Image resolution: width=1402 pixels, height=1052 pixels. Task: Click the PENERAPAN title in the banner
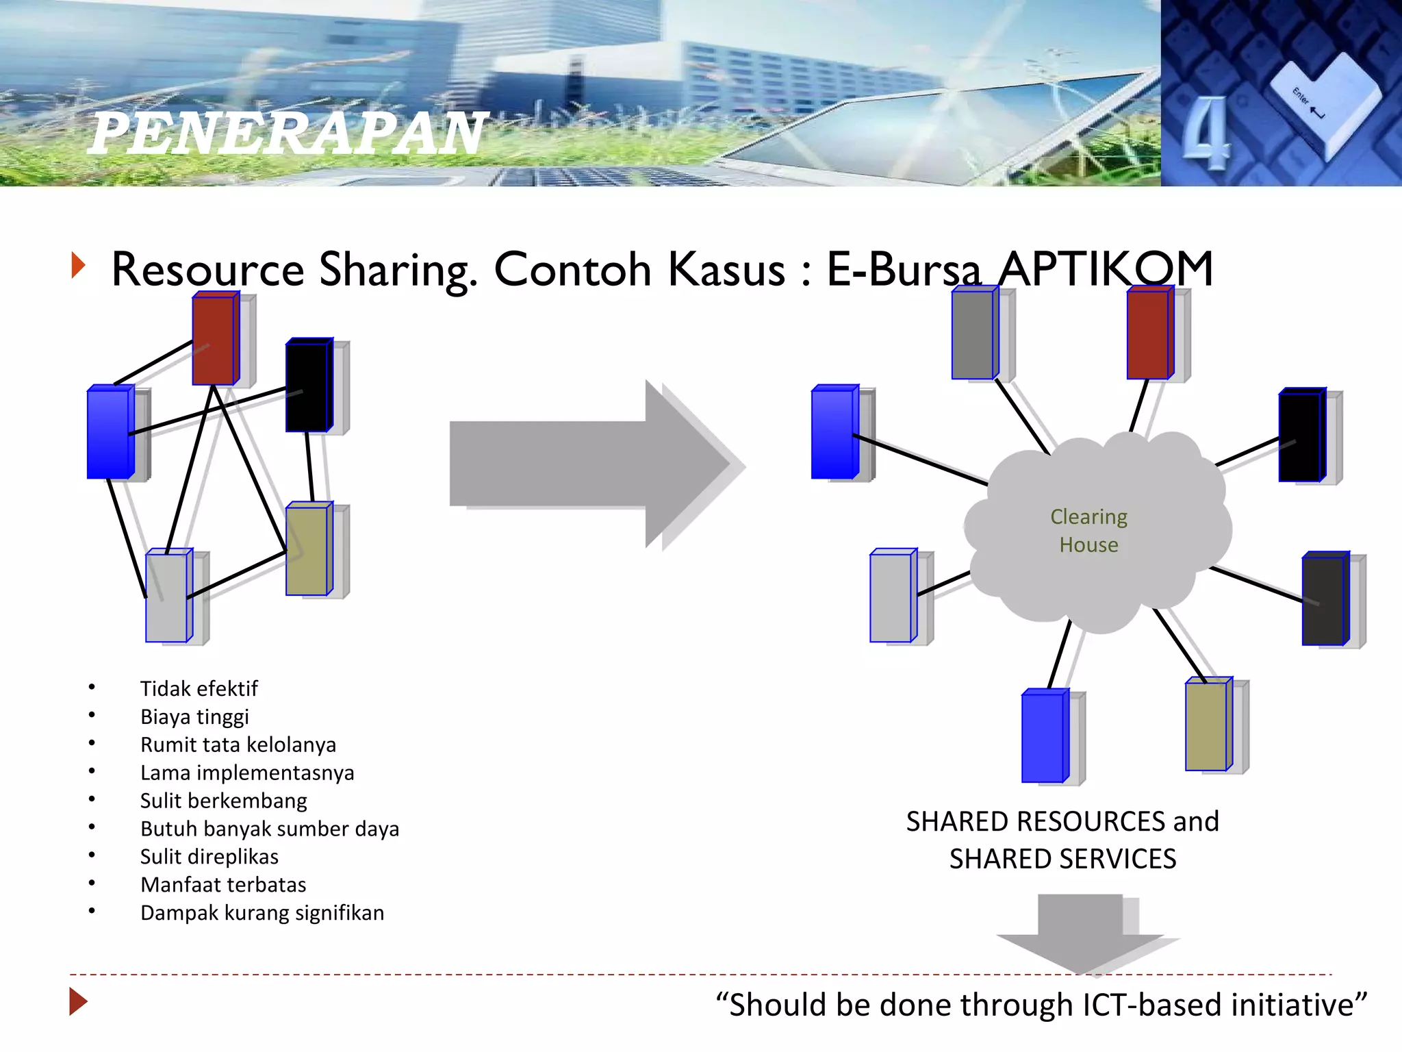pyautogui.click(x=288, y=133)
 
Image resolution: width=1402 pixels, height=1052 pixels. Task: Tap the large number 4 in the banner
pyautogui.click(x=1206, y=133)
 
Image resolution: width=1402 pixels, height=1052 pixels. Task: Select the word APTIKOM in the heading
pyautogui.click(x=1105, y=269)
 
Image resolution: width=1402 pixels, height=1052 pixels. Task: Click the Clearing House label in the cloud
pyautogui.click(x=1088, y=530)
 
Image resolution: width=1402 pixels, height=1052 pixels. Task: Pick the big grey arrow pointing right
pyautogui.click(x=589, y=464)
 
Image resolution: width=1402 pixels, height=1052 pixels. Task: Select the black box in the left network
pyautogui.click(x=308, y=386)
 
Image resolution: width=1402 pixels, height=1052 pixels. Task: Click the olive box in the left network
pyautogui.click(x=308, y=549)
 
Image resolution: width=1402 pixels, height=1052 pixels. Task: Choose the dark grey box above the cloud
pyautogui.click(x=973, y=334)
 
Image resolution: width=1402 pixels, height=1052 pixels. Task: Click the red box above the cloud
pyautogui.click(x=1149, y=334)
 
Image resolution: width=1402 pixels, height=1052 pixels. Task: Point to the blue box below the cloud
pyautogui.click(x=1043, y=736)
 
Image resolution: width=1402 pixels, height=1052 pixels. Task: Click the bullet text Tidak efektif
pyautogui.click(x=199, y=688)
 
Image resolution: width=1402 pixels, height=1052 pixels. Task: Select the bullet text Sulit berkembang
pyautogui.click(x=223, y=801)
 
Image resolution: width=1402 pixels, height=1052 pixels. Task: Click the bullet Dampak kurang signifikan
pyautogui.click(x=262, y=913)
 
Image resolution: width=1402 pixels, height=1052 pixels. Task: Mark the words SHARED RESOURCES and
pyautogui.click(x=1062, y=821)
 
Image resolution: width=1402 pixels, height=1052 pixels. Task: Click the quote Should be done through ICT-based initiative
pyautogui.click(x=1041, y=1005)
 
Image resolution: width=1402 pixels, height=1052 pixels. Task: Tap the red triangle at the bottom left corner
pyautogui.click(x=78, y=1002)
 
